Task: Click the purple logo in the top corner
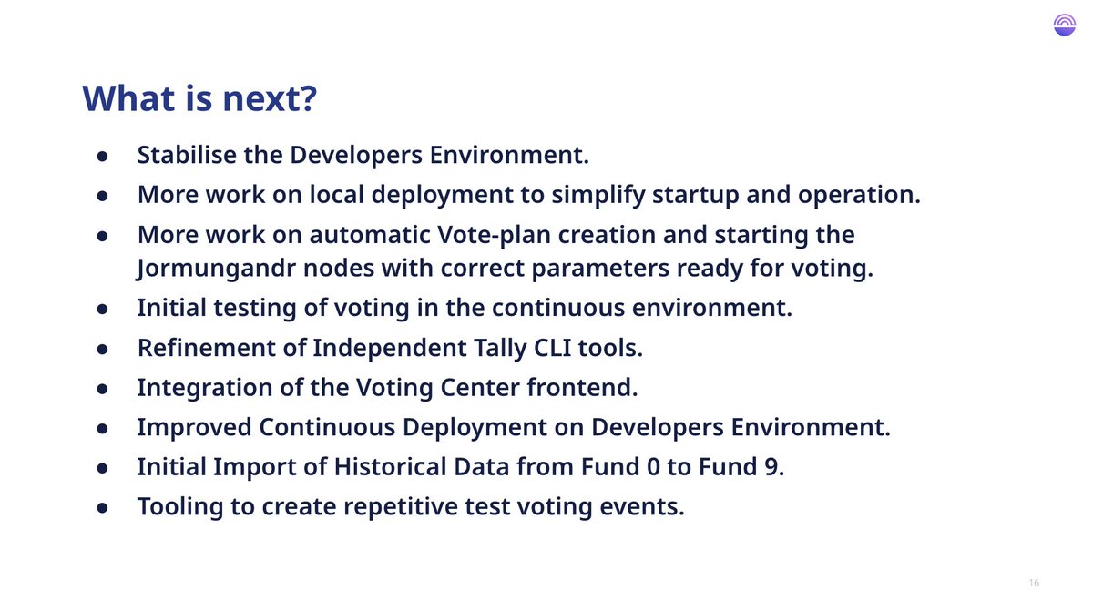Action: (x=1065, y=25)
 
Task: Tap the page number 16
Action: (x=1034, y=583)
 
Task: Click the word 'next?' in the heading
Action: (x=270, y=98)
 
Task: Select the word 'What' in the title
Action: (x=128, y=98)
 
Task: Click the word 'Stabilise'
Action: (x=187, y=155)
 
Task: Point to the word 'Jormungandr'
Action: (x=216, y=269)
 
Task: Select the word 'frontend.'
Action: (x=582, y=388)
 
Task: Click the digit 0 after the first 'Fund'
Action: (x=653, y=466)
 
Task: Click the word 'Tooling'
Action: (x=180, y=507)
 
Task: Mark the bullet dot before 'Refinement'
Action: (x=102, y=349)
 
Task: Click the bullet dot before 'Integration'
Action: (x=102, y=389)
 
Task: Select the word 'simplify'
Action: (x=598, y=195)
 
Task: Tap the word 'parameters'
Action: (x=600, y=269)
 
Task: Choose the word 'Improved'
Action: (x=194, y=428)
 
